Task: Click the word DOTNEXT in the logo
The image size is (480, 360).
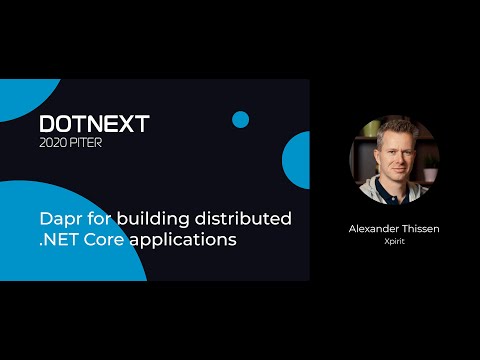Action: (94, 123)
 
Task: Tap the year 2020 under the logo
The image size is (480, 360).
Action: (56, 141)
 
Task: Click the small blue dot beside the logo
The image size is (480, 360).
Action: (240, 120)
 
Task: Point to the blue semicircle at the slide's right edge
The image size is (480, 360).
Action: (297, 161)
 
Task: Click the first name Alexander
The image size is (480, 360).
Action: (369, 228)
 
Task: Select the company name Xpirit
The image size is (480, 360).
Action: (394, 243)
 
